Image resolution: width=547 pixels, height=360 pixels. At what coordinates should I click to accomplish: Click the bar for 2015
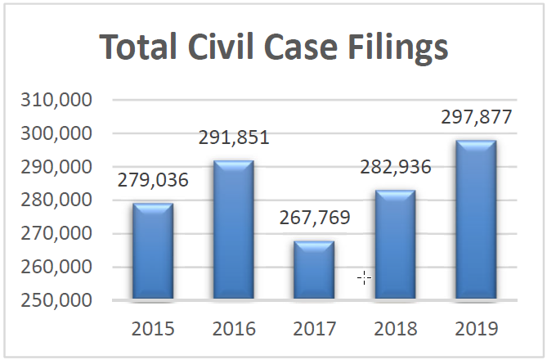(x=153, y=250)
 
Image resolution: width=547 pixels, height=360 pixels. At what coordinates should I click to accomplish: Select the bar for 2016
(x=234, y=229)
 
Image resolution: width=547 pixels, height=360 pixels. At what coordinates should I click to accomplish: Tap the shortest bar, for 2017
(x=314, y=269)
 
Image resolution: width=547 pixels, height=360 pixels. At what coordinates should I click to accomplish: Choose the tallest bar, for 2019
(x=476, y=219)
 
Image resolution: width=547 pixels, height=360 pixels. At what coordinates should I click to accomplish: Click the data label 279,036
(x=153, y=180)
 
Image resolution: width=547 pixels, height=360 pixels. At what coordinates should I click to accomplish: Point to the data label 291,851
(x=234, y=137)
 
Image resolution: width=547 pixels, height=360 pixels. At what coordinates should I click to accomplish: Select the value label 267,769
(x=314, y=218)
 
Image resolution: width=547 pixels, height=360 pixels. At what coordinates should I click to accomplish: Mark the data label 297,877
(x=476, y=117)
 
